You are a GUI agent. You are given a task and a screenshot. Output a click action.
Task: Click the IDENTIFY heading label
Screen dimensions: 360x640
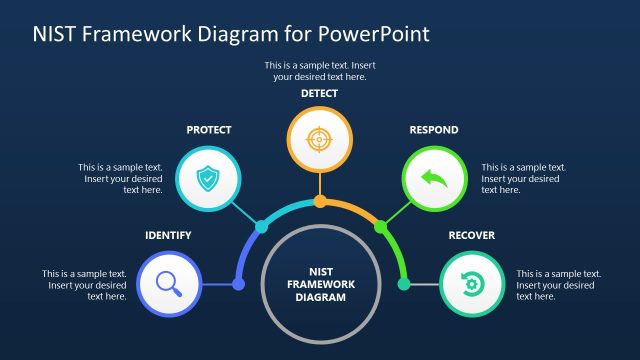168,236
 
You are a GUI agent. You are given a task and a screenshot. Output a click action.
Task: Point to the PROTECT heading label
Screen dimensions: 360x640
209,130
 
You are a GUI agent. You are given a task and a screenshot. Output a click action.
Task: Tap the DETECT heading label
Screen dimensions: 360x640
320,93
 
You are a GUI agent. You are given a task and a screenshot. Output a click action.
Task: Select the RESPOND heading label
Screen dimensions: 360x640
434,130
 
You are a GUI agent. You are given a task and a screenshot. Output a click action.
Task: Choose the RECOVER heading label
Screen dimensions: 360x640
471,236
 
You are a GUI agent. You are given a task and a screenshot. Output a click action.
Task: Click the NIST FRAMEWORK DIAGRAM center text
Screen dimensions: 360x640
320,283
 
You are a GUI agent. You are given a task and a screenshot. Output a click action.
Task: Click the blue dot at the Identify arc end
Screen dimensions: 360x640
238,285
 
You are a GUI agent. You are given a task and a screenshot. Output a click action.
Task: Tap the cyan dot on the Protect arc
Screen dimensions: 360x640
262,227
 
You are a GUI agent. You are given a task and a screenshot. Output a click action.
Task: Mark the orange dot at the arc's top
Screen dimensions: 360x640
320,202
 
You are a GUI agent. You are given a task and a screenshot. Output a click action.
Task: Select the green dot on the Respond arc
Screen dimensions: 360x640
380,227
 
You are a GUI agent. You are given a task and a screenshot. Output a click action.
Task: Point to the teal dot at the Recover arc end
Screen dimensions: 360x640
404,285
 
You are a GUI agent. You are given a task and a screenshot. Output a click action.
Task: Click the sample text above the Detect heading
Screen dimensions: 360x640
319,70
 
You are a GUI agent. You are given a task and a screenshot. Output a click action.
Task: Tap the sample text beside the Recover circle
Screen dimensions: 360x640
558,285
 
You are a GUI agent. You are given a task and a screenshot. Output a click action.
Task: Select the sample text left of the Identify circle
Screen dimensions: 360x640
84,285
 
